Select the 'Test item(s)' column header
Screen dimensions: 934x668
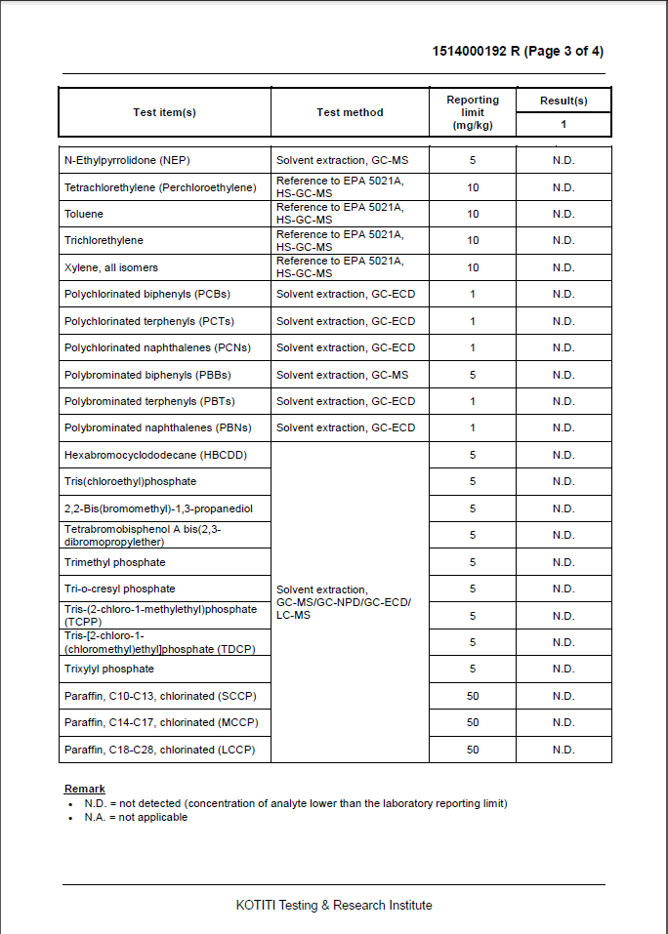164,112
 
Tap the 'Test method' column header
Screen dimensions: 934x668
350,112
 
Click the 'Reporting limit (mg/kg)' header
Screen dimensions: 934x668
473,112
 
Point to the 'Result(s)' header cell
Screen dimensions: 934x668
564,101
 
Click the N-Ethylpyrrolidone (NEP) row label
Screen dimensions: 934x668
126,160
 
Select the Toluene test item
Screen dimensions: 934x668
84,214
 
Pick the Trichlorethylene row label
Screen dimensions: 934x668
104,240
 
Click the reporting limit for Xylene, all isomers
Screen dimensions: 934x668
473,267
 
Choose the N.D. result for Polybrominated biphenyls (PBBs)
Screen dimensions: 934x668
564,375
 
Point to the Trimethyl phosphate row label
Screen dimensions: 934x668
115,562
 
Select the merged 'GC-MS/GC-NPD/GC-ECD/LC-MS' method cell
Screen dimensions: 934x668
344,602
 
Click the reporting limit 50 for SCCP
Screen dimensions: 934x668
473,696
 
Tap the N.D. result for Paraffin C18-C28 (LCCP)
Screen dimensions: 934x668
564,750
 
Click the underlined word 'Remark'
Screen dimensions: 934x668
85,789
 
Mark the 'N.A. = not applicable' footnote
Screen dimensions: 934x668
136,817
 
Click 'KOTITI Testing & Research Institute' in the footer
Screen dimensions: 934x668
334,905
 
